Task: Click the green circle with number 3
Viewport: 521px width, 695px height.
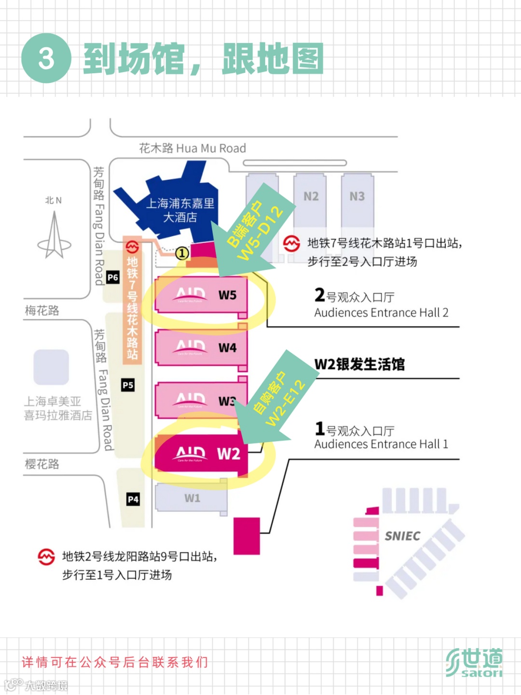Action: pos(46,58)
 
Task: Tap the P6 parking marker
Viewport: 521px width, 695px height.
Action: pos(113,277)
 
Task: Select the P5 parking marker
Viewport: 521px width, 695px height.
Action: pos(128,385)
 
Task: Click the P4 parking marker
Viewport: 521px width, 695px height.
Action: pos(133,499)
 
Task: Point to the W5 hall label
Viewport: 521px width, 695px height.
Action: pos(227,295)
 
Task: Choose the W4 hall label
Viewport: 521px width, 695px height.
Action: pos(227,348)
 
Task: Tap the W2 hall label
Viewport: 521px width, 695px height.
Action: pos(229,454)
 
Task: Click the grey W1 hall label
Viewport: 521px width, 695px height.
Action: pos(192,498)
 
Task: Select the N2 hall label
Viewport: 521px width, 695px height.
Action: pos(311,196)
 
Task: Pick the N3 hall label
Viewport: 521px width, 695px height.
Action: pos(357,196)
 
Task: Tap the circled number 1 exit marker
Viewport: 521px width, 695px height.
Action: pos(182,253)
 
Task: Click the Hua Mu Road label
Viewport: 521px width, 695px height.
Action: pos(192,148)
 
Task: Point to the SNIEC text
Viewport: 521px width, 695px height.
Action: pos(402,536)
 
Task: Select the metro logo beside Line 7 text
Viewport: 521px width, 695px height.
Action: pos(291,244)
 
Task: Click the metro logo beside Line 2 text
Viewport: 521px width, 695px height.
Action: pos(46,557)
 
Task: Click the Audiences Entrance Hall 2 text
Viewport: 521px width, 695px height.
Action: pos(381,313)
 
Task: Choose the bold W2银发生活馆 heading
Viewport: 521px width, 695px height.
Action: pos(359,364)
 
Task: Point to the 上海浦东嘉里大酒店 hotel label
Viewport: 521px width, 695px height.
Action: pos(180,210)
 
